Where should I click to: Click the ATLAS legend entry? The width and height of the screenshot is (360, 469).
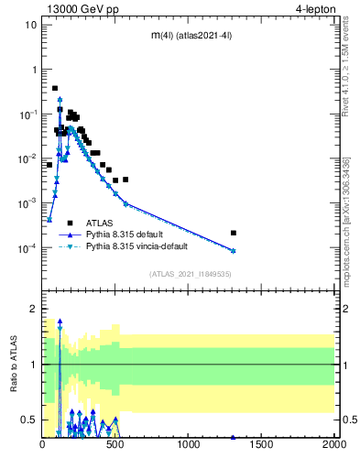tap(100, 223)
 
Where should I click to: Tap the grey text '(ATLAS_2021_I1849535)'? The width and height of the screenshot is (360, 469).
tap(189, 274)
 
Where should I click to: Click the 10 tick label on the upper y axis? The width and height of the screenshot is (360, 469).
tap(30, 25)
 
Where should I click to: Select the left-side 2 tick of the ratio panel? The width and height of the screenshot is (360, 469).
tap(34, 309)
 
